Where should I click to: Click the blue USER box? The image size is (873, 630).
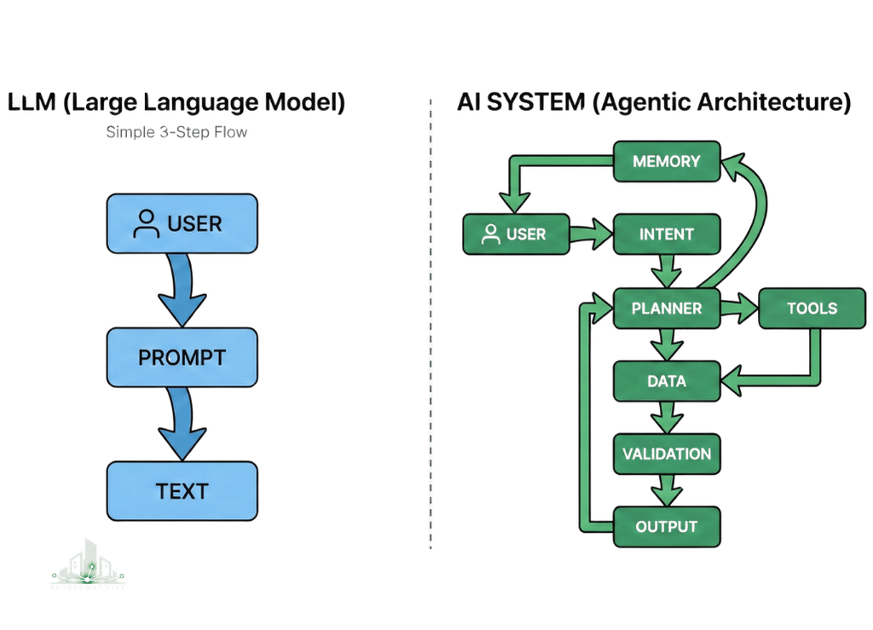coord(182,224)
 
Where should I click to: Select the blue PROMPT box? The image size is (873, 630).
coord(182,356)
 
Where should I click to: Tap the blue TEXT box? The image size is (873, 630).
coord(182,491)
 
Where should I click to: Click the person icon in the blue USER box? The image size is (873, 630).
coord(147,224)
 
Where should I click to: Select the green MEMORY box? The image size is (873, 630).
coord(667,161)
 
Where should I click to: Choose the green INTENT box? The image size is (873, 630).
coord(667,234)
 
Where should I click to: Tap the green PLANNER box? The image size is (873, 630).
coord(667,309)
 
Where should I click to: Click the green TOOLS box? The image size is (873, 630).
coord(812,309)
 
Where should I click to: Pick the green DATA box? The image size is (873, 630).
coord(667,381)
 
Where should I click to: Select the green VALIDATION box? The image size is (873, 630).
coord(667,454)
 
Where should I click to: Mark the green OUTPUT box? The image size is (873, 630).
coord(667,526)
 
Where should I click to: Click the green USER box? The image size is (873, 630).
coord(515,234)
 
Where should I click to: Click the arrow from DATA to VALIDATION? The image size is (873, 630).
coord(667,418)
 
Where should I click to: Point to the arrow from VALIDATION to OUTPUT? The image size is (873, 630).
coord(667,490)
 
